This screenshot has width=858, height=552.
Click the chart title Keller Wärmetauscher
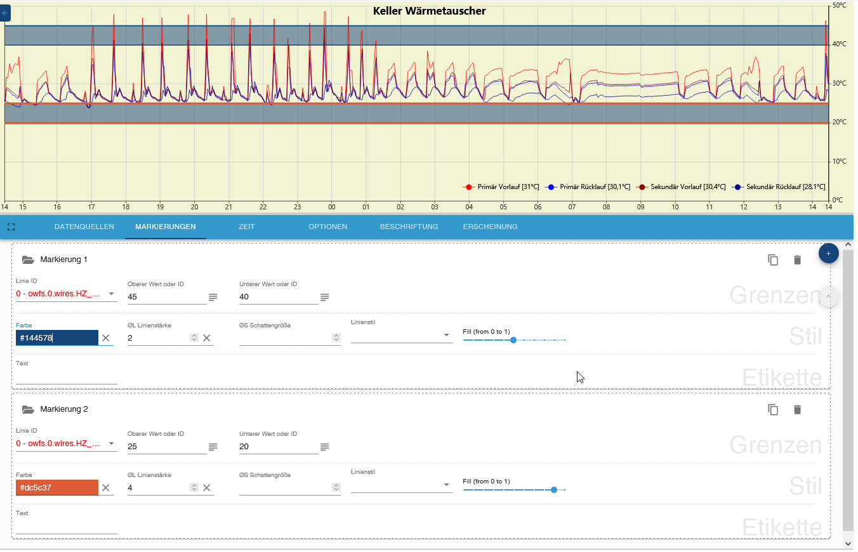pos(429,11)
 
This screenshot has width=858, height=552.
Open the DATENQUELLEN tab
pos(84,227)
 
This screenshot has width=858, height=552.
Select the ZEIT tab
pos(246,227)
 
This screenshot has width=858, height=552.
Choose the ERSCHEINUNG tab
pos(490,227)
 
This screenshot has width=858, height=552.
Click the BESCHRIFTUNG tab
pos(409,227)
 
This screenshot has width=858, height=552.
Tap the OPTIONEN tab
pos(327,227)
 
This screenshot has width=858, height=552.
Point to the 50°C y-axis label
pos(839,5)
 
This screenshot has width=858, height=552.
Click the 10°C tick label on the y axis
pos(839,161)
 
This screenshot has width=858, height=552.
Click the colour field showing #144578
pos(56,338)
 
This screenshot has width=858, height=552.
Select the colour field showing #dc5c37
pos(56,488)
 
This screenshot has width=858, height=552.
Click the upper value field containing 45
pos(166,297)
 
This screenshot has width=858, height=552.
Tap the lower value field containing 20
pos(278,447)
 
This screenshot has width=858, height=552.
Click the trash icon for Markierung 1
pos(798,260)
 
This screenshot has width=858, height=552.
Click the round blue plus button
pos(828,253)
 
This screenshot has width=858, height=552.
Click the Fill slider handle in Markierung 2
pos(554,490)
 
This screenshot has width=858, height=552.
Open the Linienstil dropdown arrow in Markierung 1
pos(446,335)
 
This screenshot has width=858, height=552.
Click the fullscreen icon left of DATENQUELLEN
pos(11,227)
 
